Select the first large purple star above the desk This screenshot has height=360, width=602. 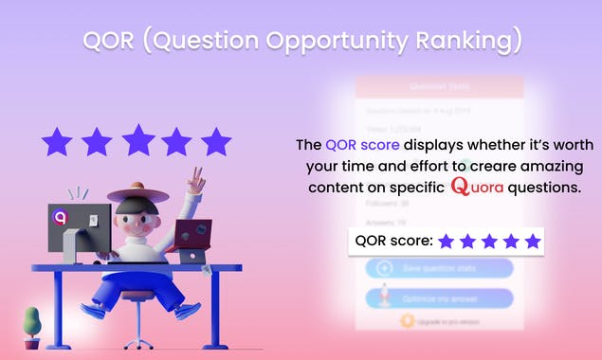57,142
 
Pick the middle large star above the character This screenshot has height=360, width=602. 137,139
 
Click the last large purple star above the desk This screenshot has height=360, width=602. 217,142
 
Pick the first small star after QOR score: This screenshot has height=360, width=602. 447,242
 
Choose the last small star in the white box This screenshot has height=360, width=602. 533,242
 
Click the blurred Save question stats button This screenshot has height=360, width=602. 439,268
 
